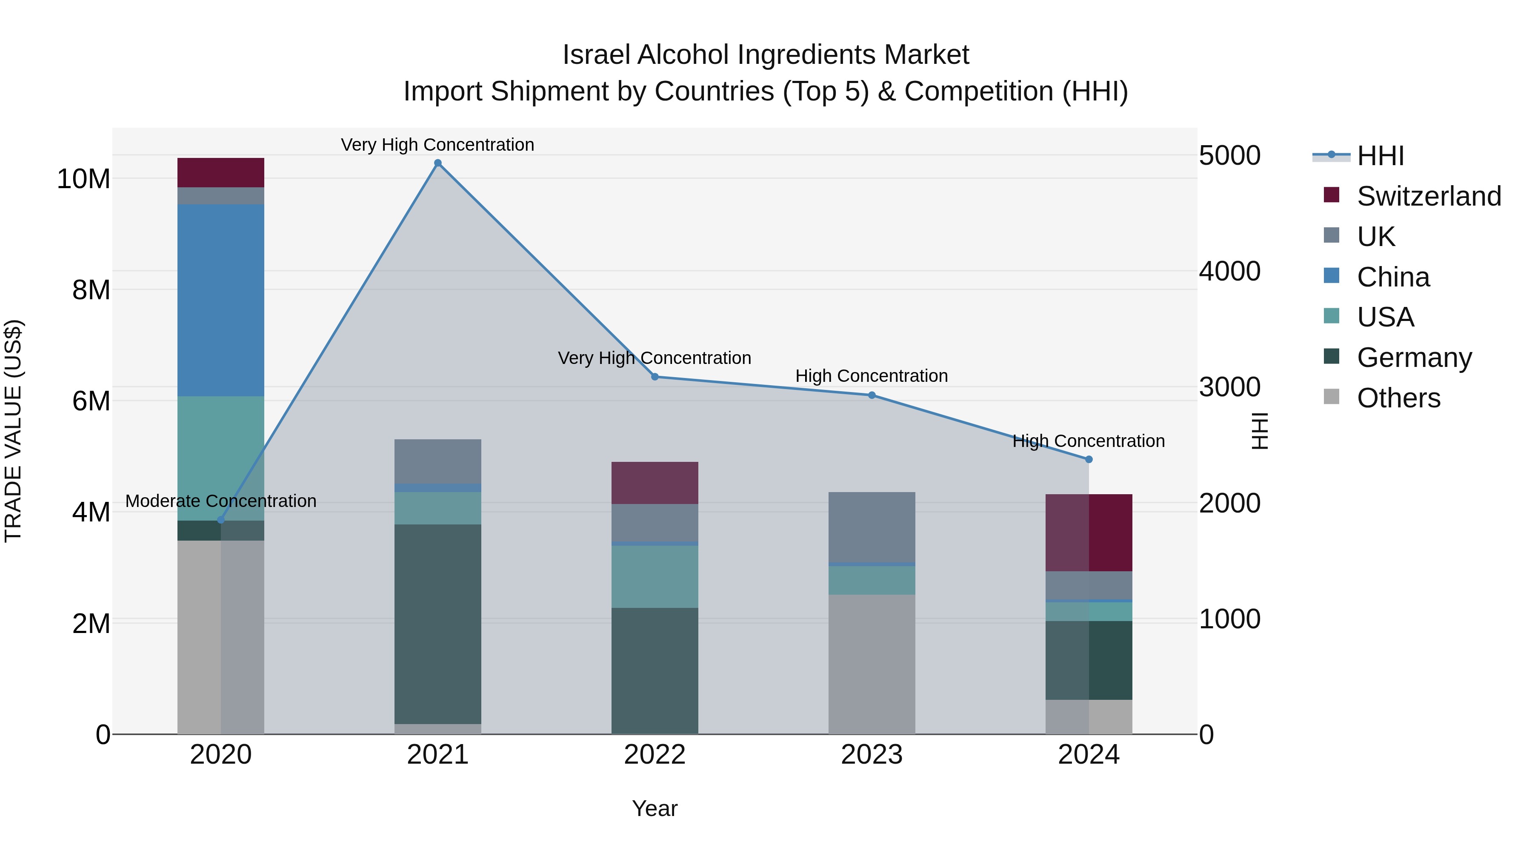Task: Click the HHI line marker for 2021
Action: tap(438, 163)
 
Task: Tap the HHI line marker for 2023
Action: tap(872, 395)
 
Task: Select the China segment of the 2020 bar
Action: tap(220, 301)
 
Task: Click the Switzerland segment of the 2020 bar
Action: tap(220, 172)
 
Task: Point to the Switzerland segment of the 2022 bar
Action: tap(655, 483)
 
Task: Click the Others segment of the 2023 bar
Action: tap(872, 664)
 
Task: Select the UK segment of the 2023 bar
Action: tap(872, 527)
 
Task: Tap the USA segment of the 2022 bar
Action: tap(655, 576)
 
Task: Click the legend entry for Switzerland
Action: tap(1429, 196)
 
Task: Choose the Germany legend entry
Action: tap(1414, 358)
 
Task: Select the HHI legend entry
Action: tap(1380, 156)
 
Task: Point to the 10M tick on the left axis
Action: tap(83, 178)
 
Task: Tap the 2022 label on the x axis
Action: tap(655, 755)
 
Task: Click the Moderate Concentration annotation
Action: tap(220, 501)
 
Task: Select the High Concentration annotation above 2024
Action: tap(1088, 441)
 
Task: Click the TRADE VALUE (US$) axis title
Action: tap(13, 431)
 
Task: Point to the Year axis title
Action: tap(655, 808)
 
